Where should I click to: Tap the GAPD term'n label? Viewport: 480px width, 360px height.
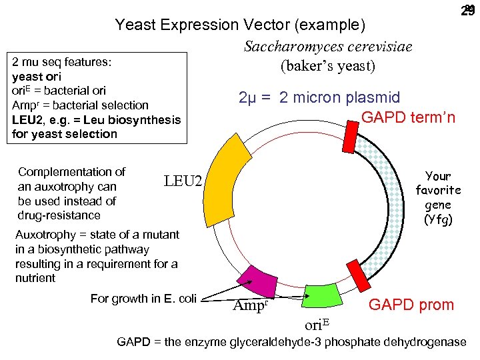[408, 117]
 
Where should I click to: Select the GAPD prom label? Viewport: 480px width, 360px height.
[411, 305]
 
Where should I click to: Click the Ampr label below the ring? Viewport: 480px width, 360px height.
[251, 307]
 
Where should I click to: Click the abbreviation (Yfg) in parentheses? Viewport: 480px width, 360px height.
[438, 219]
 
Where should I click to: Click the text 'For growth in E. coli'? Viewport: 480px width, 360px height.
[143, 298]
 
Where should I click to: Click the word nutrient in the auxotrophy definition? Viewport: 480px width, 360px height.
[35, 278]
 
